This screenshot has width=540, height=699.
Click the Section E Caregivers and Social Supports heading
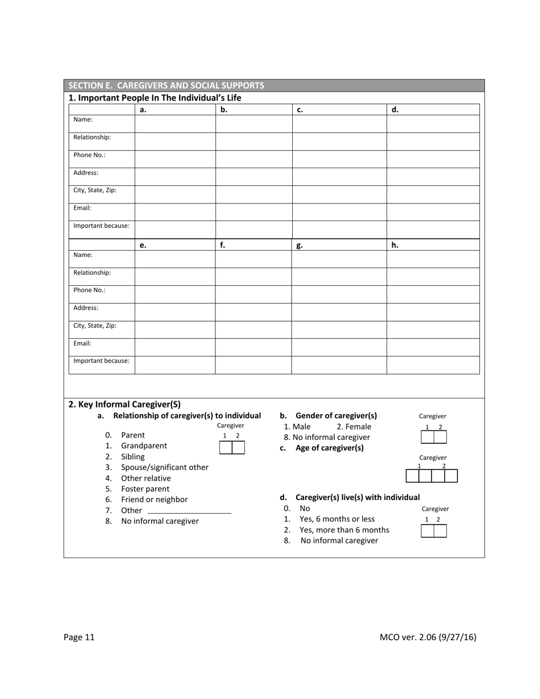tap(166, 86)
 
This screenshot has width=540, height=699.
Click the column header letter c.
tap(300, 110)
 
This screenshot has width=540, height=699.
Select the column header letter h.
tap(394, 246)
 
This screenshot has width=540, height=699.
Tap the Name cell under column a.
tap(175, 124)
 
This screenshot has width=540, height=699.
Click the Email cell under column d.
tap(433, 212)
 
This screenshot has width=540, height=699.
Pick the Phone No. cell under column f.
tap(254, 294)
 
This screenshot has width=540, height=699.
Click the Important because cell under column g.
tap(339, 365)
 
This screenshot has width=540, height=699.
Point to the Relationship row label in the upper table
tap(92, 138)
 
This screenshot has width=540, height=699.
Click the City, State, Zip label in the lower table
tap(95, 326)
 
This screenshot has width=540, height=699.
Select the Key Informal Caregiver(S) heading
tap(124, 405)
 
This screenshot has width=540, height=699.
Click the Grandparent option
tap(144, 446)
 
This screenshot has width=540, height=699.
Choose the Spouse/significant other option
tap(164, 467)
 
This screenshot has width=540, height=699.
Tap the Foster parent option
tap(145, 489)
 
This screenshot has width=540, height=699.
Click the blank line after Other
tap(189, 511)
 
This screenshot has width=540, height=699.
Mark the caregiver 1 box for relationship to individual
tap(226, 448)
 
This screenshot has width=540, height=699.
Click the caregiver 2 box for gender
tap(440, 437)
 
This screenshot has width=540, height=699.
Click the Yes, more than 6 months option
tap(344, 530)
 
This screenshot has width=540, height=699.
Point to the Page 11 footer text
tap(79, 637)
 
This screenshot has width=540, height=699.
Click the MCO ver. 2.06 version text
tap(427, 637)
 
